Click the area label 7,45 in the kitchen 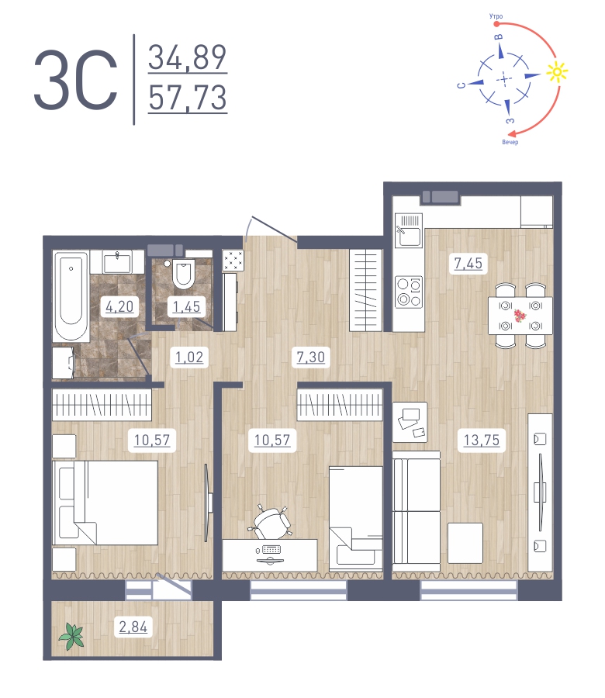pyautogui.click(x=468, y=264)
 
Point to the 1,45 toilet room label pyautogui.click(x=185, y=306)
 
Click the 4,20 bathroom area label pyautogui.click(x=119, y=306)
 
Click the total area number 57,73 pyautogui.click(x=188, y=98)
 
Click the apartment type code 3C pyautogui.click(x=75, y=80)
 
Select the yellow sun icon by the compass pyautogui.click(x=556, y=73)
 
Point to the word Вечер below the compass pyautogui.click(x=510, y=143)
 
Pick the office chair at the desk pyautogui.click(x=273, y=521)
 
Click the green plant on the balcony pyautogui.click(x=72, y=637)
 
